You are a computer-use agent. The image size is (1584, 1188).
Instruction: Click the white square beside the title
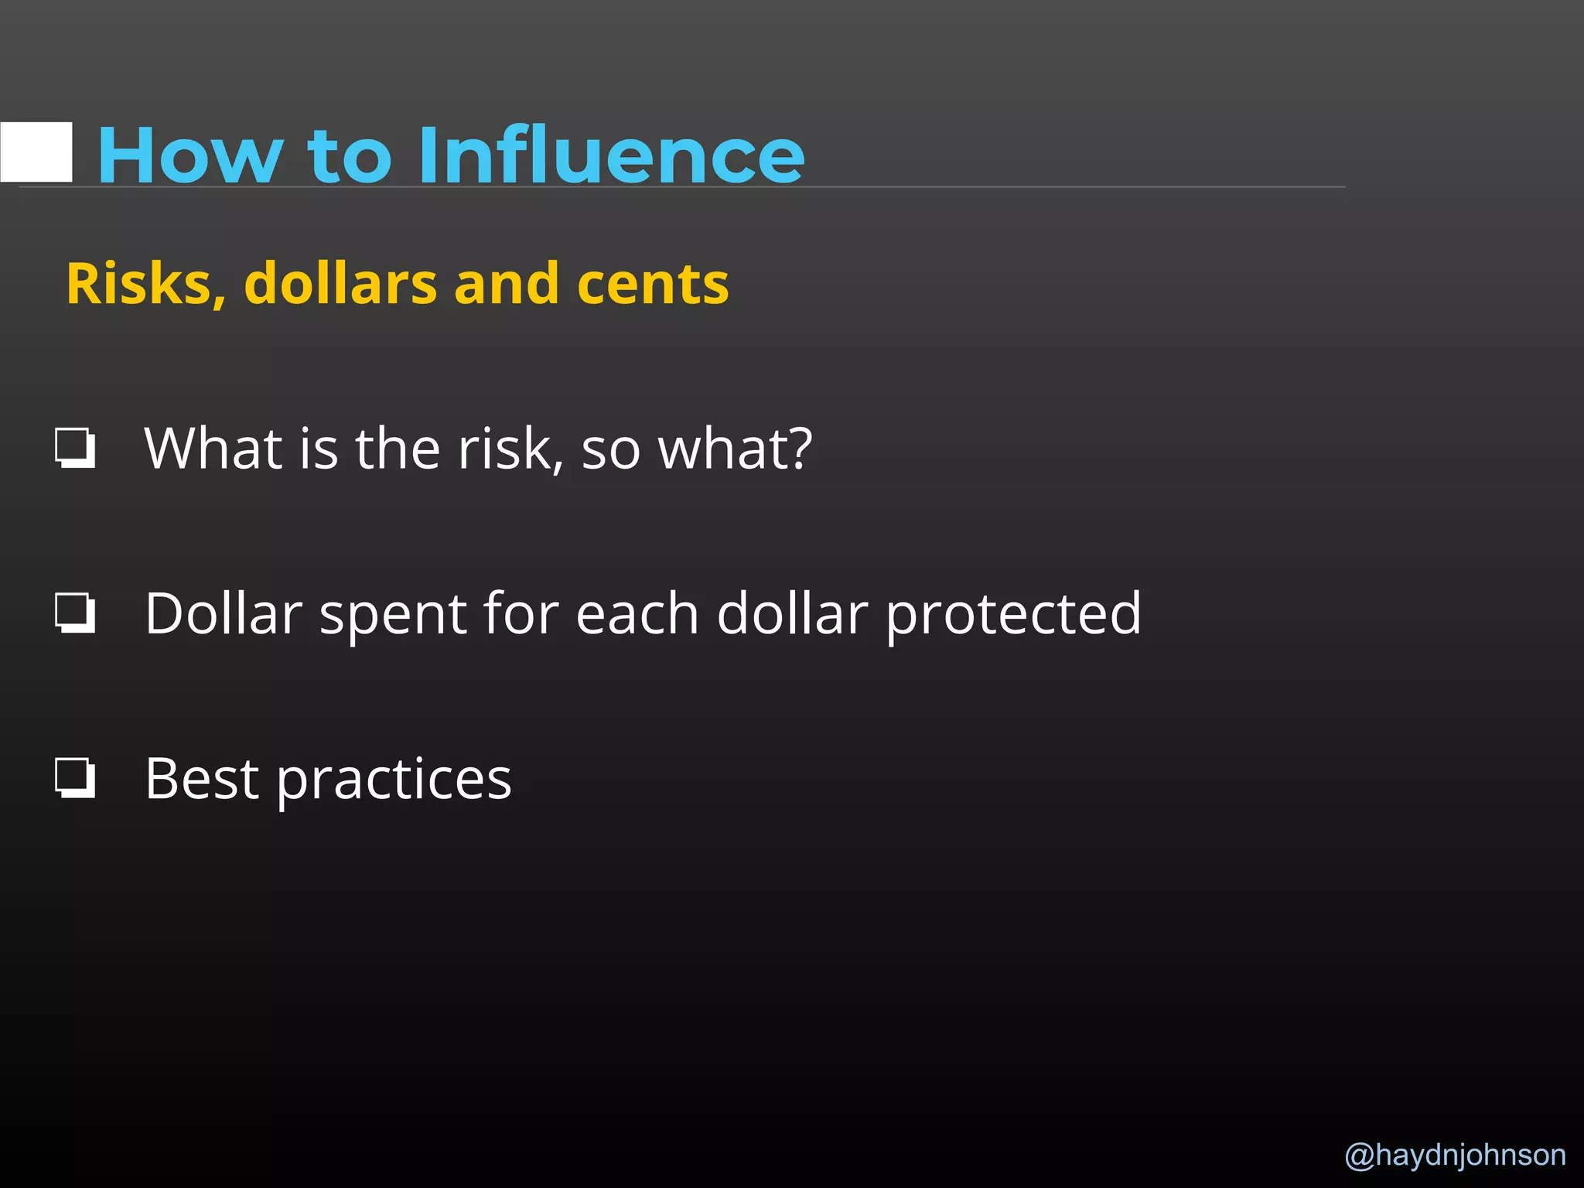click(x=36, y=152)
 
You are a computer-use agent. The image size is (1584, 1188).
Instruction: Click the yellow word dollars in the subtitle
click(x=340, y=284)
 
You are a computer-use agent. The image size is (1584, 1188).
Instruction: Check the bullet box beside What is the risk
click(x=75, y=448)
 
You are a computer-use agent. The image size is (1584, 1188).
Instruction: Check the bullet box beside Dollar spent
click(x=75, y=613)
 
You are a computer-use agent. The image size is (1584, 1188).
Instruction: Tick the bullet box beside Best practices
click(x=75, y=777)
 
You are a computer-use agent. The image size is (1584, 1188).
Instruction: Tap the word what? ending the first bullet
click(x=734, y=449)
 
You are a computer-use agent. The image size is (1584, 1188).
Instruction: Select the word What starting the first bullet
click(x=213, y=449)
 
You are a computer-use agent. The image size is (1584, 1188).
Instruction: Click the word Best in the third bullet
click(x=201, y=778)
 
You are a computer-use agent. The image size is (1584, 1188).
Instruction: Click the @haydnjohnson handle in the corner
click(x=1455, y=1156)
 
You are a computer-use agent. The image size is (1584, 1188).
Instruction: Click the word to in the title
click(x=350, y=157)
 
